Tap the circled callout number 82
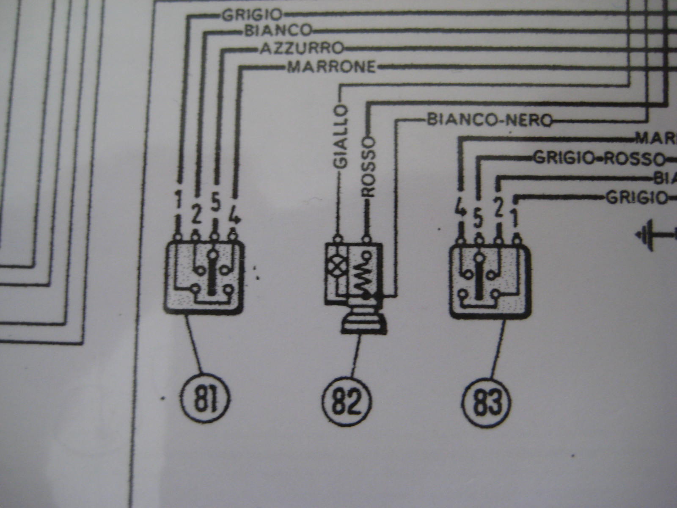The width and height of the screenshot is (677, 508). (346, 401)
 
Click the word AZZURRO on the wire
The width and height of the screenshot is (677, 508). (301, 48)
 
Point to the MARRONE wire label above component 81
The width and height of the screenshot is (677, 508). (331, 67)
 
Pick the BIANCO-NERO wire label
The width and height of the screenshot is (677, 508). (490, 120)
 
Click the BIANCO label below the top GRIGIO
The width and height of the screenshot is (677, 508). (278, 30)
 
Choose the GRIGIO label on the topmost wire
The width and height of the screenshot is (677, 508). (252, 15)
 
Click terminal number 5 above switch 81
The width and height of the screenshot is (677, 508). (215, 204)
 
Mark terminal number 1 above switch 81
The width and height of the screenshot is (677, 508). (179, 200)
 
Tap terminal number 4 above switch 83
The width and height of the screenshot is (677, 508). (460, 208)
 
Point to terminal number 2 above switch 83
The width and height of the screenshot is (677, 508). (499, 208)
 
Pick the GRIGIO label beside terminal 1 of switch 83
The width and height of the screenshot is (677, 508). (636, 197)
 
